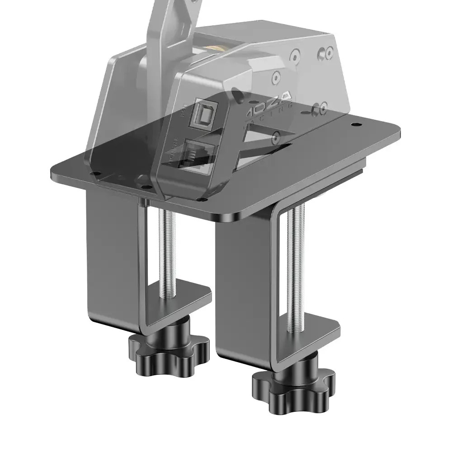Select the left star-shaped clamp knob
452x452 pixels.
tap(169, 348)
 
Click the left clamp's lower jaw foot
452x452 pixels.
tap(181, 301)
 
